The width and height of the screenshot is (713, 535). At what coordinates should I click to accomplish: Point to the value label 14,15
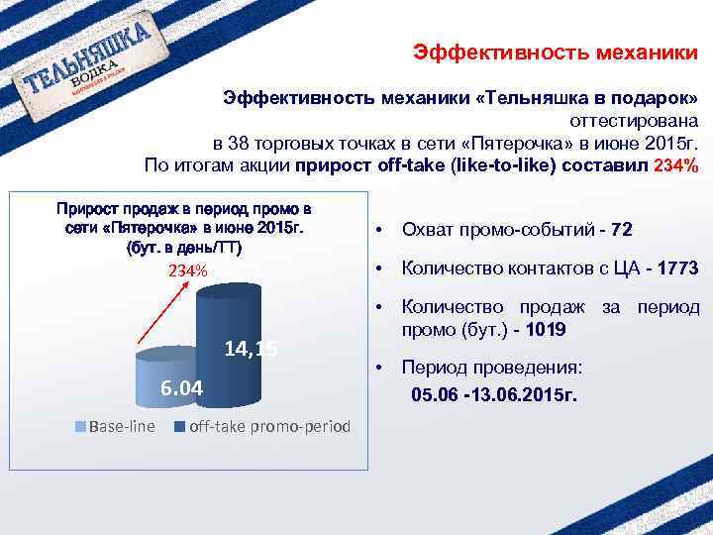pyautogui.click(x=251, y=348)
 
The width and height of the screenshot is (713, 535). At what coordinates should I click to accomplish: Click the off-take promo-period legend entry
pyautogui.click(x=262, y=427)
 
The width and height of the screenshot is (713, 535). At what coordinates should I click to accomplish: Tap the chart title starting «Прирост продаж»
pyautogui.click(x=183, y=227)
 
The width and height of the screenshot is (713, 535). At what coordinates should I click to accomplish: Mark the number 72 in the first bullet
pyautogui.click(x=622, y=231)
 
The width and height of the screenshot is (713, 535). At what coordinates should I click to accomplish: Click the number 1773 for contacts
pyautogui.click(x=676, y=268)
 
